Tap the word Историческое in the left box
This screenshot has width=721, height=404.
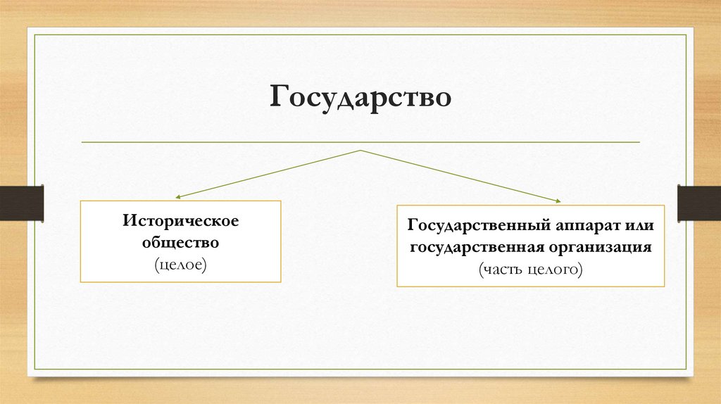tap(181, 221)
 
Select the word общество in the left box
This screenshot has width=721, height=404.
tap(181, 242)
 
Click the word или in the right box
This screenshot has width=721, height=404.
tap(639, 227)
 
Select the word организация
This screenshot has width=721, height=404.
tap(600, 248)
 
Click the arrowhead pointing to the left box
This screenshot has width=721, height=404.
tap(179, 198)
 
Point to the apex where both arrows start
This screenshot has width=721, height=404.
tap(360, 151)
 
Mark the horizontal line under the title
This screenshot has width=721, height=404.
tap(360, 142)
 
